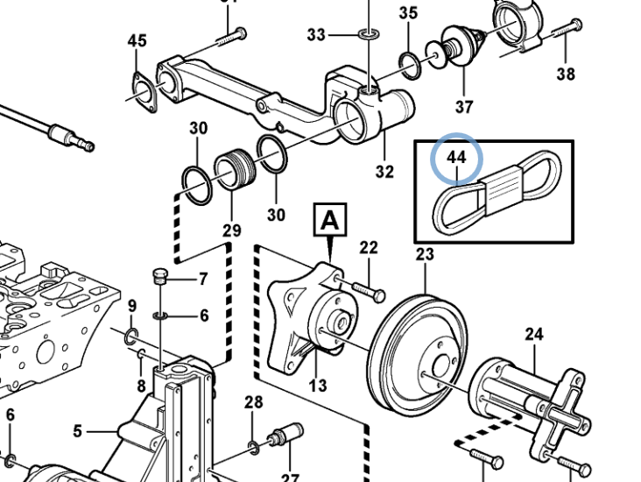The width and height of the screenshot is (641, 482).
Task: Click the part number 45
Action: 137,41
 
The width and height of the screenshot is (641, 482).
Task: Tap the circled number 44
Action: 456,159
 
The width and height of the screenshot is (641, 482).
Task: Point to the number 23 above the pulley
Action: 425,255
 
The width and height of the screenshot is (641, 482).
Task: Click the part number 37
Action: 463,107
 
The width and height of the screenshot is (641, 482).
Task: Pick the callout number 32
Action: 384,172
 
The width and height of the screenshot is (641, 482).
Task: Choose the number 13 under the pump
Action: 318,384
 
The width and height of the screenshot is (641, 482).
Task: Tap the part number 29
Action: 231,230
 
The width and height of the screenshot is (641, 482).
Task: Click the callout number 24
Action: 534,333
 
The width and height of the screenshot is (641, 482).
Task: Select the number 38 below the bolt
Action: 566,74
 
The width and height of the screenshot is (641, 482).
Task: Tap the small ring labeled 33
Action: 369,35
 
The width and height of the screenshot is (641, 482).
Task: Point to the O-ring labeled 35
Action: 409,61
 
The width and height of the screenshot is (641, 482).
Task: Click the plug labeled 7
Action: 159,278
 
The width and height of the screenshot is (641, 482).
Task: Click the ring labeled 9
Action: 130,337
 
